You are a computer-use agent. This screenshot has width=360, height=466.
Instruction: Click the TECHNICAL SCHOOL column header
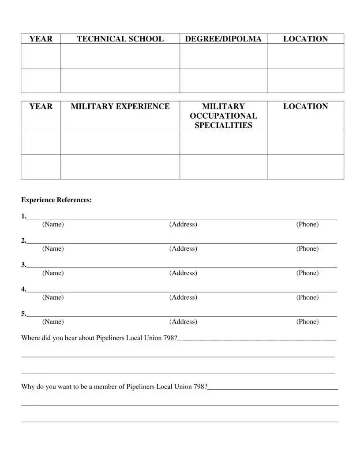120,39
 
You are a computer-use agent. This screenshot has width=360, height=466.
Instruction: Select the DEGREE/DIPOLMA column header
223,39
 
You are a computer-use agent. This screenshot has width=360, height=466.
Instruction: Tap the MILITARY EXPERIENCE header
120,106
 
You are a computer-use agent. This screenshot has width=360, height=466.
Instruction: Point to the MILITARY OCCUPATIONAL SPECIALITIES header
223,116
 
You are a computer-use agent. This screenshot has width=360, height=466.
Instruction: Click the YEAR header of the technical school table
41,39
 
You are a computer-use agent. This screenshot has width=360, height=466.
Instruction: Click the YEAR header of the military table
41,106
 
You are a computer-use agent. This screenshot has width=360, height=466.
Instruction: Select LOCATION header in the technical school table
305,39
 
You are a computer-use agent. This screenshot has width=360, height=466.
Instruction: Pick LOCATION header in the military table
305,106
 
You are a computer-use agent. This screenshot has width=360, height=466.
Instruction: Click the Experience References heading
56,200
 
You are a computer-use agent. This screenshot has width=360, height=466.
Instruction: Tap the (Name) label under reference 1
53,225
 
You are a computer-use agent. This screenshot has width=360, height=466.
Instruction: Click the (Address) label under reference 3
183,273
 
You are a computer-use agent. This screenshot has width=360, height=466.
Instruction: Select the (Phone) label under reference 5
307,322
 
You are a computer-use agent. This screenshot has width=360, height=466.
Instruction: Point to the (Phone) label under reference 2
307,249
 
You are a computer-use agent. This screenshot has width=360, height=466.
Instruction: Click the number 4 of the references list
23,289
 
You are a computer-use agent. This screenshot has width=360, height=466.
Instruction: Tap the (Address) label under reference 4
183,297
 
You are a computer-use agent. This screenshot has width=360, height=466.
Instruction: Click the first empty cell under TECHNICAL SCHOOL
120,56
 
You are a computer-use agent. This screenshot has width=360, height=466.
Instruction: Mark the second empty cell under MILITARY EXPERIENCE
120,167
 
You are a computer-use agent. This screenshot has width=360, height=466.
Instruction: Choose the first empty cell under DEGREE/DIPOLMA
223,56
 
